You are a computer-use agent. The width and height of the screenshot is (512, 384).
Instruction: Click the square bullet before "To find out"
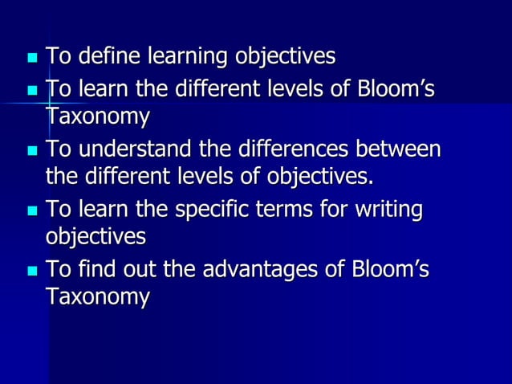pos(32,272)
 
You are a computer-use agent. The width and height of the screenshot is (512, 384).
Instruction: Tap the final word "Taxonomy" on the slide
pos(97,296)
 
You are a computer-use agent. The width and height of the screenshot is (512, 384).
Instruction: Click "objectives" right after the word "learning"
pos(284,59)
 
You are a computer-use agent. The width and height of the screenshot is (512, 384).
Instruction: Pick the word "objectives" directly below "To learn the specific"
pos(95,236)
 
